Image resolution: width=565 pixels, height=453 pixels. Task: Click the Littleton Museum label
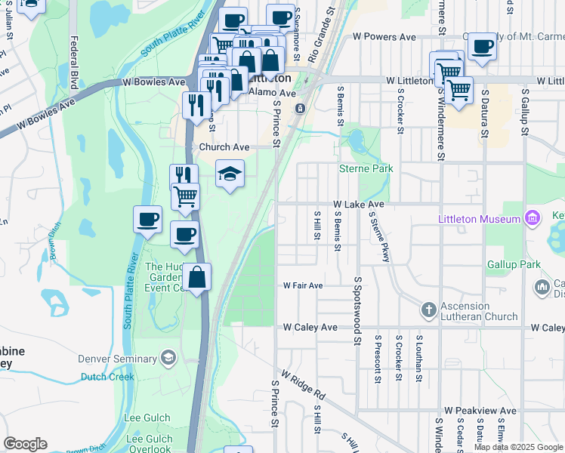[x=479, y=219]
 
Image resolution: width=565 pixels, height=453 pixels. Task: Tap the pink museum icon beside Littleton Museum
[x=533, y=219]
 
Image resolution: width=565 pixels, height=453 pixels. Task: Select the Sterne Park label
[x=366, y=169]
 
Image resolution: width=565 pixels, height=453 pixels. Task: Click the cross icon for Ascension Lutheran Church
[x=428, y=310]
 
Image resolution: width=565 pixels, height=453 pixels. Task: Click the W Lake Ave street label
[x=359, y=204]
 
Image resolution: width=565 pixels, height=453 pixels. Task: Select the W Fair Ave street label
[x=303, y=285]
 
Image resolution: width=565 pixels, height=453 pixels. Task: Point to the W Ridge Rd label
[x=303, y=384]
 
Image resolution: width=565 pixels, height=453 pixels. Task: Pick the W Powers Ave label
[x=385, y=36]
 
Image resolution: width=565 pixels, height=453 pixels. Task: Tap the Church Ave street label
[x=224, y=147]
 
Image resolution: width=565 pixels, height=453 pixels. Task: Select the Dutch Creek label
[x=108, y=377]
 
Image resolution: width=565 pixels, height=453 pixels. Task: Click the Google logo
[x=25, y=444]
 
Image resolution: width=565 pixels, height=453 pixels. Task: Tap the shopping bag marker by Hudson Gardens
[x=196, y=277]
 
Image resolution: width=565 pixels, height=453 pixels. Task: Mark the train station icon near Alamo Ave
[x=300, y=109]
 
